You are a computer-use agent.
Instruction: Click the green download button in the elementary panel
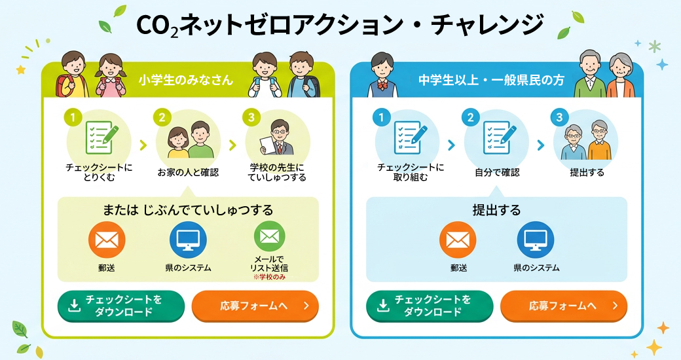[121, 306]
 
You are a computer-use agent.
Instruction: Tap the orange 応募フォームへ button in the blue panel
[564, 306]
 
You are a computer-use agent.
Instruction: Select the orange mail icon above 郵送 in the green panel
[107, 240]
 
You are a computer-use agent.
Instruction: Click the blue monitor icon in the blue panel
[536, 240]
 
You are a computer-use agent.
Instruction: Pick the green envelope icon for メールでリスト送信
[269, 237]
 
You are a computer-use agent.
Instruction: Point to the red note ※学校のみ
[269, 277]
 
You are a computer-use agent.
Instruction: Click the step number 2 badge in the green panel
[162, 117]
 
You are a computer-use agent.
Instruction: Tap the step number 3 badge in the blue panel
[559, 117]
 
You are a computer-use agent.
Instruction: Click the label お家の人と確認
[188, 172]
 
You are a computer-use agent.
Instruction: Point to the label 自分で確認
[497, 172]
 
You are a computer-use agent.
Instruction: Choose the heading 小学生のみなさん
[186, 80]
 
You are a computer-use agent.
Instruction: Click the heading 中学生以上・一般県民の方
[491, 80]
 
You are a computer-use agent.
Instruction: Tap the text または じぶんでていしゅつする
[188, 210]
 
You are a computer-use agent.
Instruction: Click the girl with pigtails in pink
[111, 75]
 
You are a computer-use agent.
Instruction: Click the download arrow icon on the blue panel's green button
[383, 306]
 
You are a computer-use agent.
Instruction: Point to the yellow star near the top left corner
[20, 69]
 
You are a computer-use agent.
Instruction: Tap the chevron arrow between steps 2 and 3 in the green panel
[233, 145]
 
